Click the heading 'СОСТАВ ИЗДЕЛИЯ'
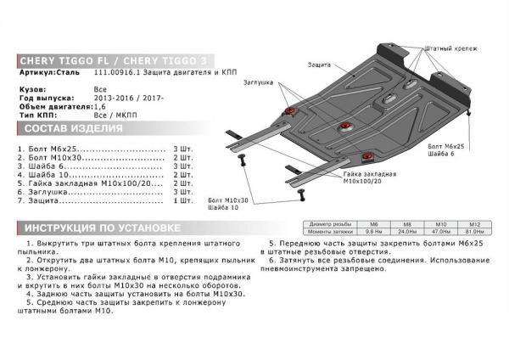pos(72,128)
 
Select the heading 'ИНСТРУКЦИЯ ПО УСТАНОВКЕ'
pos(102,228)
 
